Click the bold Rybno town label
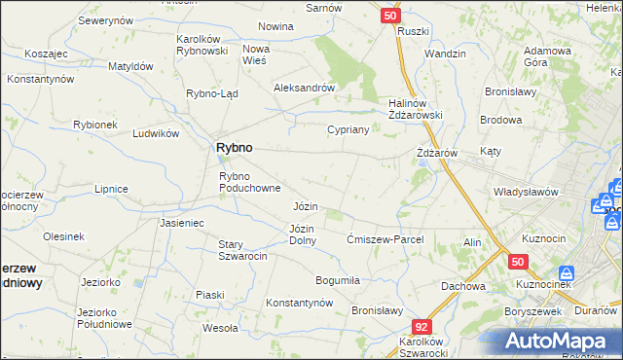click(x=234, y=147)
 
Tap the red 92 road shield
click(x=421, y=328)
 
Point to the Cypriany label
click(x=347, y=129)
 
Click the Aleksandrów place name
click(x=305, y=87)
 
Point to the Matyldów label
click(x=131, y=66)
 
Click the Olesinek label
click(x=63, y=236)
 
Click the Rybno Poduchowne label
click(x=250, y=182)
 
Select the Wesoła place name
click(x=220, y=328)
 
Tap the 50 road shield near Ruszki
click(x=389, y=16)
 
